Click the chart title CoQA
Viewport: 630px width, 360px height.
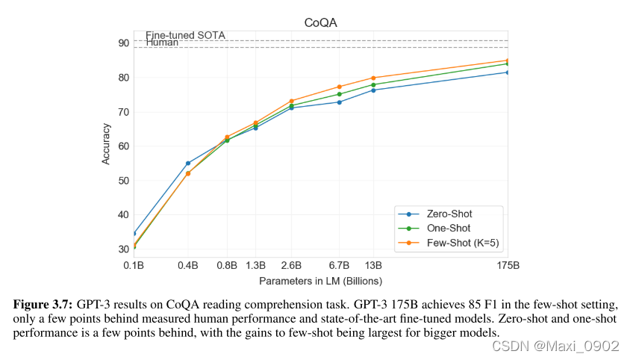(320, 22)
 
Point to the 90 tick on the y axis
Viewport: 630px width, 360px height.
(123, 43)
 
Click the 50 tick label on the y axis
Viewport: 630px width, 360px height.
(123, 181)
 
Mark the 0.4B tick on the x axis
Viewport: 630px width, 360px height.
(187, 265)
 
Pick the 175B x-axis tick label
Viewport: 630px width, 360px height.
(508, 265)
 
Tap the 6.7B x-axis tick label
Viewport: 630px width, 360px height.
(339, 265)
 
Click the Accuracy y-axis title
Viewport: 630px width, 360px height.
(106, 143)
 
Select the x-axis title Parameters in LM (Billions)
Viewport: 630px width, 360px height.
(320, 281)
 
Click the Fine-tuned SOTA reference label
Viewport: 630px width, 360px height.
(185, 35)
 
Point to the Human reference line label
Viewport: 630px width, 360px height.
(162, 43)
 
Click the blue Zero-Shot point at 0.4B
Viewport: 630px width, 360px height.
(188, 164)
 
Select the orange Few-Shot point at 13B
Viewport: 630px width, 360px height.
(373, 78)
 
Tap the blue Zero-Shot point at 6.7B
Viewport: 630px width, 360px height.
(340, 102)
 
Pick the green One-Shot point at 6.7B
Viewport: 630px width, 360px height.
(340, 94)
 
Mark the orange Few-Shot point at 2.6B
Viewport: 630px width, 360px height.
(291, 101)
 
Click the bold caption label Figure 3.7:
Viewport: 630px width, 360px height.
(43, 305)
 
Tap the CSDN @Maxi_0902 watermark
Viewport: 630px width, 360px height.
(555, 346)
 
